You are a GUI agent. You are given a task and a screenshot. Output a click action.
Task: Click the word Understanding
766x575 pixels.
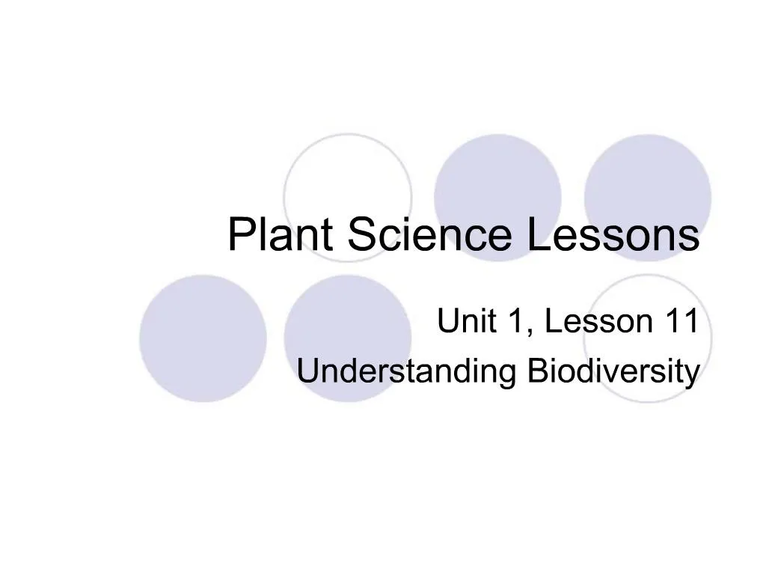click(406, 371)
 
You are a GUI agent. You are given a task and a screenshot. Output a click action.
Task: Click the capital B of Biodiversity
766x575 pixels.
click(538, 371)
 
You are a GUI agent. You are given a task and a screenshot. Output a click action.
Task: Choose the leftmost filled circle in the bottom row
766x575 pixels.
click(203, 338)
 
